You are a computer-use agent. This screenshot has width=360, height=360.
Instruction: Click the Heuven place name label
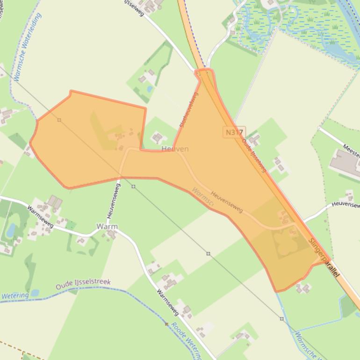click(x=175, y=149)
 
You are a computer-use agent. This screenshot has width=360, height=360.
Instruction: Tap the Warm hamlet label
click(x=107, y=226)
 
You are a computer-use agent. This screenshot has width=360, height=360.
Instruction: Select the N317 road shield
click(x=234, y=132)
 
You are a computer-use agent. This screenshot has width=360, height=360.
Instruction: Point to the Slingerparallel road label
click(x=324, y=259)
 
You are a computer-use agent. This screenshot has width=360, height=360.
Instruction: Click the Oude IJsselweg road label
click(x=254, y=155)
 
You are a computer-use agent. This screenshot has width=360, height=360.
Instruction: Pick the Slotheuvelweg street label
click(x=188, y=110)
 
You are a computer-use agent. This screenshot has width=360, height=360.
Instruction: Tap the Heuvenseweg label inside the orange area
click(x=226, y=202)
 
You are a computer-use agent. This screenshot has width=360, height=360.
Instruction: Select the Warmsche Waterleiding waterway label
click(x=28, y=47)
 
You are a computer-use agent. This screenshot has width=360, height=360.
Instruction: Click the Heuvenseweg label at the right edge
click(x=346, y=205)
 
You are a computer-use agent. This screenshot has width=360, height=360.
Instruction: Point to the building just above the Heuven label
click(x=158, y=137)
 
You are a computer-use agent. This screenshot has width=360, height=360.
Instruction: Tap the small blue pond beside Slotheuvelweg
click(x=150, y=88)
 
